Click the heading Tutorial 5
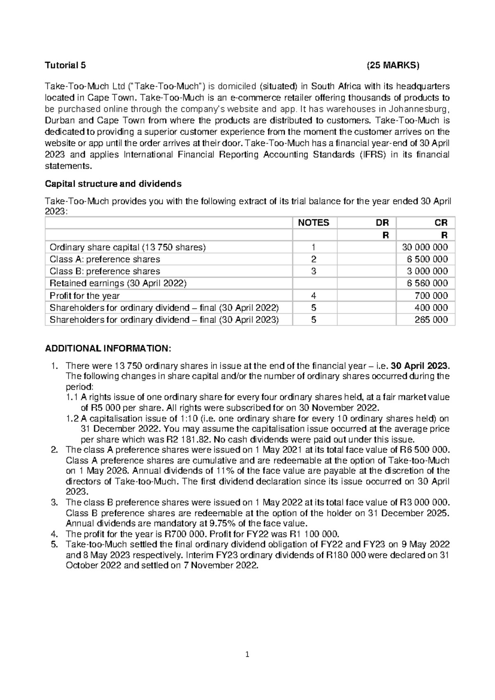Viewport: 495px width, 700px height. click(x=66, y=65)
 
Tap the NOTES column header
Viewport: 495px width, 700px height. click(x=313, y=223)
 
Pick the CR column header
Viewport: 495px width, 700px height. click(x=441, y=223)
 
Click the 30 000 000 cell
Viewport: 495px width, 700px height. click(x=425, y=247)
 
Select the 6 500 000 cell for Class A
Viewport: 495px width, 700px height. click(x=428, y=259)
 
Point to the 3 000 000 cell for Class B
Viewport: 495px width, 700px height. click(x=428, y=271)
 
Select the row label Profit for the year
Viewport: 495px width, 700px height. click(x=85, y=296)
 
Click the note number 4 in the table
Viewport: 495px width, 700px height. click(x=314, y=296)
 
